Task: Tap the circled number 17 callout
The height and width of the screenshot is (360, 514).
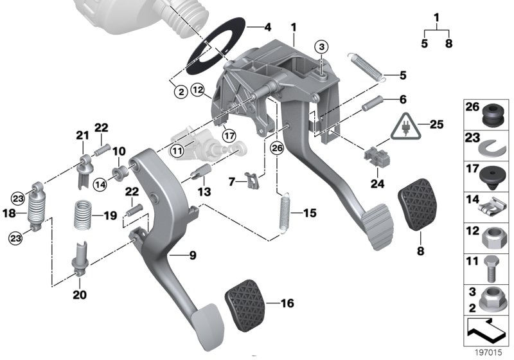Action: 227,135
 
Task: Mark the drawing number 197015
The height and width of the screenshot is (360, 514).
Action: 486,353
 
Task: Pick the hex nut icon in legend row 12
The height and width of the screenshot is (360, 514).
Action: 491,239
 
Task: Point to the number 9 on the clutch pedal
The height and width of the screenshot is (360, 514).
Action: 191,255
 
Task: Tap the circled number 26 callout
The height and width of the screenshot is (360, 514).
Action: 276,148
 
